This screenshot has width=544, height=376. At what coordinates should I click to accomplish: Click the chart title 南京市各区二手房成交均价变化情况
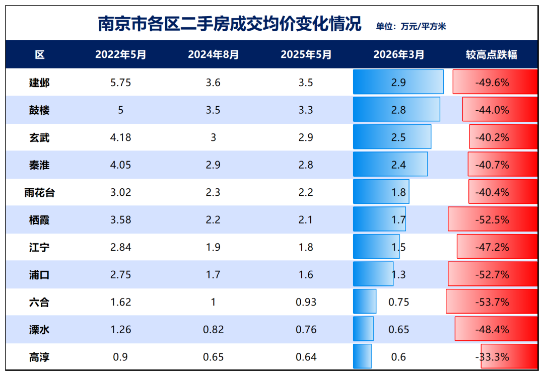[230, 24]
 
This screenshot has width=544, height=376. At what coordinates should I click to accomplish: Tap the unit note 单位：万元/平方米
[411, 27]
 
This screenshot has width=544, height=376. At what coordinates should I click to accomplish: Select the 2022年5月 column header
[120, 55]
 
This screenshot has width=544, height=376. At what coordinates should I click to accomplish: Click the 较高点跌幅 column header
[491, 55]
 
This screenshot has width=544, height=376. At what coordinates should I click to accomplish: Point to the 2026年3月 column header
[398, 55]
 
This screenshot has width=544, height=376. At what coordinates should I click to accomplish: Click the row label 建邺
[39, 83]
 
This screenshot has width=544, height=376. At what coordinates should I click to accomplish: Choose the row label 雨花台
[39, 192]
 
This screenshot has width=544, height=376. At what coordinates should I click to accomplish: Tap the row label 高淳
[39, 357]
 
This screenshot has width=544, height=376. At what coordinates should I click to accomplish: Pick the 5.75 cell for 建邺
[120, 83]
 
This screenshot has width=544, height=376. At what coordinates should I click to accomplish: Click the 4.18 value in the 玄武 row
[120, 137]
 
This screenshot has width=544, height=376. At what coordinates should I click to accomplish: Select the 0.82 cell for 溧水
[213, 330]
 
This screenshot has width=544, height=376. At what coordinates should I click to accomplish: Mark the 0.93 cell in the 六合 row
[306, 303]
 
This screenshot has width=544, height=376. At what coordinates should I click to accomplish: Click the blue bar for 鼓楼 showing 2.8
[396, 110]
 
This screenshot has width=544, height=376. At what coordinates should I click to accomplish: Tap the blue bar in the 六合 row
[365, 302]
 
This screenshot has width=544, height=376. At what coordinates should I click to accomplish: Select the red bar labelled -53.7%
[492, 302]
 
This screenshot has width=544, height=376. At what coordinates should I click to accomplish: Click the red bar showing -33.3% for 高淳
[509, 357]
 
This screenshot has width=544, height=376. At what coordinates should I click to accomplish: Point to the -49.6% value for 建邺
[492, 83]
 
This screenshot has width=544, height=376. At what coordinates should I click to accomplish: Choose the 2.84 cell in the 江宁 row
[120, 247]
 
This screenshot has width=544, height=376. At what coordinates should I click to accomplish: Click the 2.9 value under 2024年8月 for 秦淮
[213, 165]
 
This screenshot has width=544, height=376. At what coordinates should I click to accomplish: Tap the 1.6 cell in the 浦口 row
[306, 275]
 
